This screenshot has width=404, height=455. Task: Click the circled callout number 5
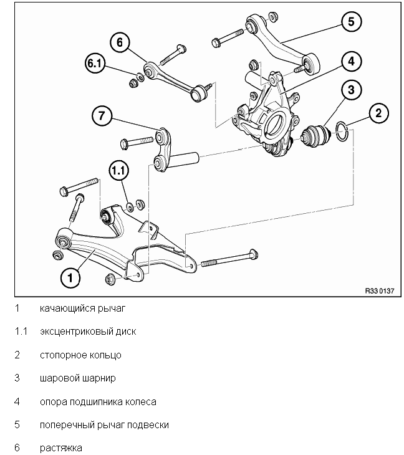click(351, 21)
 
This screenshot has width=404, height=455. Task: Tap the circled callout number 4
click(351, 62)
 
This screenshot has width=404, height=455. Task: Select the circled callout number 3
click(351, 90)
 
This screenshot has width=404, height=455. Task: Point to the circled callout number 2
click(378, 113)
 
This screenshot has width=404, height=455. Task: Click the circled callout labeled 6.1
click(95, 63)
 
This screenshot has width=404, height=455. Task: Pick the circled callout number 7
click(102, 116)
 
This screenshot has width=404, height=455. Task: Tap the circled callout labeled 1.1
click(119, 170)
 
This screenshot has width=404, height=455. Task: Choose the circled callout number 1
click(70, 278)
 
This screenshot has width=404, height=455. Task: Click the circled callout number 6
click(120, 42)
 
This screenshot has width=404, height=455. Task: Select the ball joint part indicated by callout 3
click(315, 136)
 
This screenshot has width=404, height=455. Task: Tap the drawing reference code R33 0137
click(380, 290)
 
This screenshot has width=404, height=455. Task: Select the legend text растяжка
click(61, 448)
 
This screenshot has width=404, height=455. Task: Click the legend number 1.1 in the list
click(21, 331)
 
